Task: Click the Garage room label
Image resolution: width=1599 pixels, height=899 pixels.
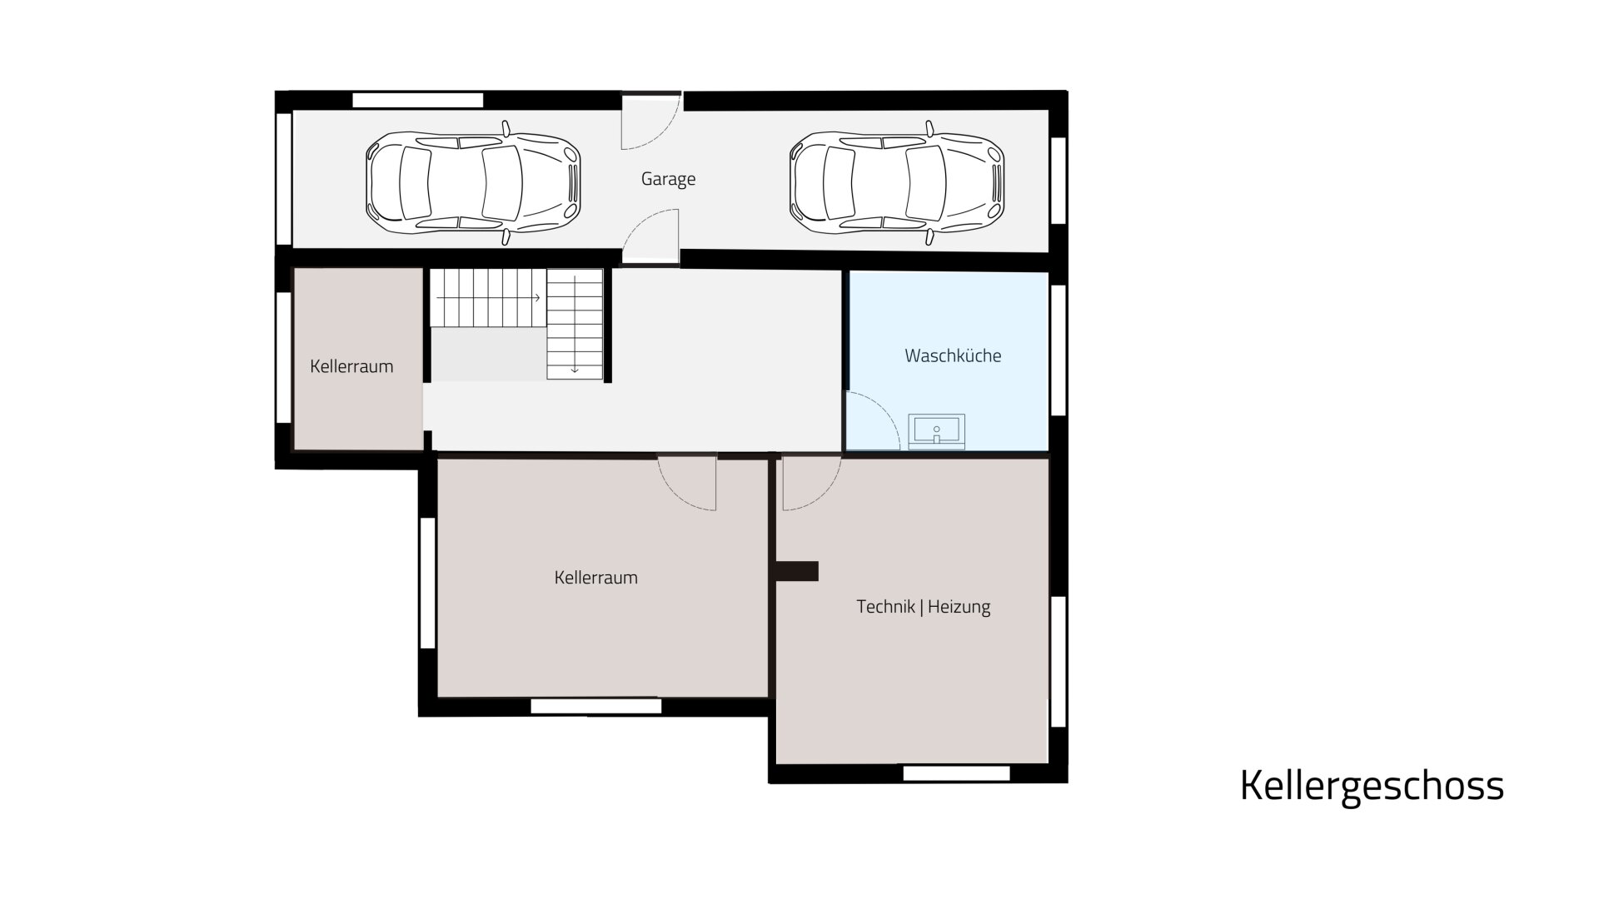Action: (668, 179)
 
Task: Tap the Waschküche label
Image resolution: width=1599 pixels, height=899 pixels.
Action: (953, 355)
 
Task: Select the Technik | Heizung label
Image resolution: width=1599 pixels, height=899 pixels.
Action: (924, 607)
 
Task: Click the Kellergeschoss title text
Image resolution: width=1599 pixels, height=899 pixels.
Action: (1372, 786)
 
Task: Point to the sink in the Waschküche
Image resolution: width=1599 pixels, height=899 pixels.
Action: (937, 431)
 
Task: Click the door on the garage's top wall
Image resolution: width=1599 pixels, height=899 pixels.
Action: (653, 122)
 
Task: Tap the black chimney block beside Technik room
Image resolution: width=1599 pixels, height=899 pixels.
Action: (797, 571)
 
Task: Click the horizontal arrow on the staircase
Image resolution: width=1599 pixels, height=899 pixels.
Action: (489, 297)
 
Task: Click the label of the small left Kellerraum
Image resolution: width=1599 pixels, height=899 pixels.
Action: (351, 366)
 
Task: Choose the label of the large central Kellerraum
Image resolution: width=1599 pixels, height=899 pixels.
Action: (596, 578)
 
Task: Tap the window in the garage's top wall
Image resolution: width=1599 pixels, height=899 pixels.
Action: (418, 100)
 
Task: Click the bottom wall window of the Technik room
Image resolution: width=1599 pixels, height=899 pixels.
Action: (957, 773)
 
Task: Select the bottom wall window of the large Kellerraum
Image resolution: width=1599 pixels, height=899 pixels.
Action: (596, 707)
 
